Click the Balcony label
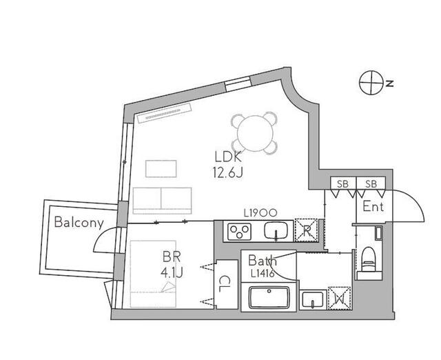pyautogui.click(x=79, y=222)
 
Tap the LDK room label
pyautogui.click(x=228, y=157)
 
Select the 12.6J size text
pyautogui.click(x=228, y=172)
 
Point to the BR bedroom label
pyautogui.click(x=172, y=257)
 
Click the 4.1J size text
pyautogui.click(x=172, y=272)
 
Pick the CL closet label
pyautogui.click(x=224, y=284)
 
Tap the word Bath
pyautogui.click(x=262, y=261)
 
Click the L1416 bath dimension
pyautogui.click(x=263, y=273)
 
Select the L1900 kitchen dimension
pyautogui.click(x=260, y=213)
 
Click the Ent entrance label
pyautogui.click(x=373, y=207)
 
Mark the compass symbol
pyautogui.click(x=372, y=83)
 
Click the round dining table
pyautogui.click(x=255, y=133)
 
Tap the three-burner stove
pyautogui.click(x=239, y=232)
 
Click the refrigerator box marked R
pyautogui.click(x=306, y=230)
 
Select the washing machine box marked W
pyautogui.click(x=340, y=299)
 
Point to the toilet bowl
pyautogui.click(x=368, y=259)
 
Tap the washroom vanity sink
pyautogui.click(x=313, y=300)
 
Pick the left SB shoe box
pyautogui.click(x=343, y=184)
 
